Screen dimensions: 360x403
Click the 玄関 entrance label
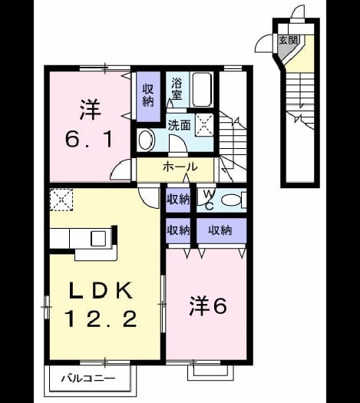pos(289,40)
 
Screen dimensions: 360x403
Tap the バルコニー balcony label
pos(88,378)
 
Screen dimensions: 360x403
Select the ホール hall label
pos(180,167)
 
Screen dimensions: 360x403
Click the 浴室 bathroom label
pos(177,89)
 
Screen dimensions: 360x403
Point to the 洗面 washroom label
pos(179,125)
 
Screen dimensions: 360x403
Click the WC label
pos(209,200)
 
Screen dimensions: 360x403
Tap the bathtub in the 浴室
pos(202,90)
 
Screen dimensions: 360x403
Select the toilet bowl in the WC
pos(231,200)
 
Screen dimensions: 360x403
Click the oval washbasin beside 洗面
pos(146,140)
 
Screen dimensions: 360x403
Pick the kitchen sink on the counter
pos(98,239)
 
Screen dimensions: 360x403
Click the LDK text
pos(101,290)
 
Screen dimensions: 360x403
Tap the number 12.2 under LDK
pos(101,319)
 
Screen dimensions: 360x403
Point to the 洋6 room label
pos(208,306)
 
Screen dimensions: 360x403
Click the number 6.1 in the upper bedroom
pos(89,139)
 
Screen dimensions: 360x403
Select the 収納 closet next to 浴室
pos(148,96)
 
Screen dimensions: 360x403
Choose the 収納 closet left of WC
pos(178,200)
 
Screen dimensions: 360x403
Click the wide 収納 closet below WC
pos(221,230)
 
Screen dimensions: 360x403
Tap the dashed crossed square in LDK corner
pos(61,200)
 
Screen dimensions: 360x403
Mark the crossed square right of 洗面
pos(204,124)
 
